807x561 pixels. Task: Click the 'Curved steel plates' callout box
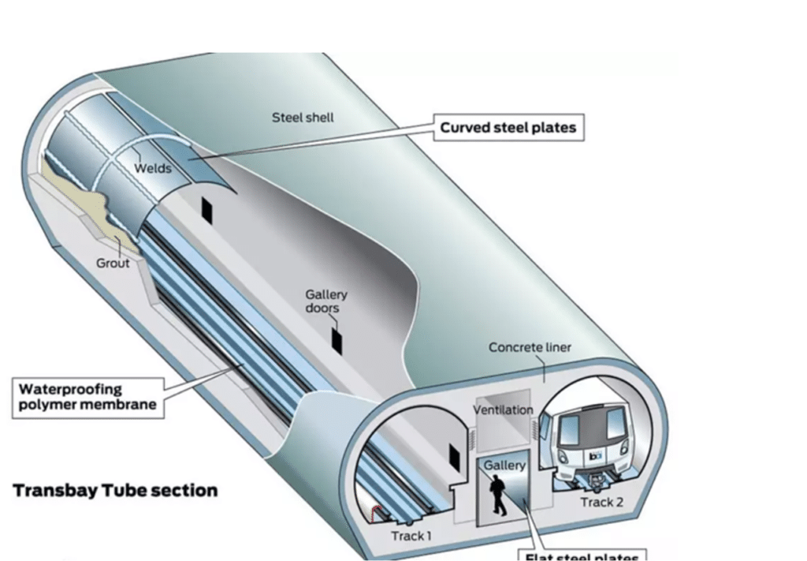tap(508, 128)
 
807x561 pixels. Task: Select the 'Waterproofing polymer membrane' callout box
tap(87, 398)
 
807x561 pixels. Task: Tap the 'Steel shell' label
tap(303, 118)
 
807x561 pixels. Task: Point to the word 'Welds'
tap(152, 168)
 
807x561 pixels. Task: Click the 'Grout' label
tap(113, 262)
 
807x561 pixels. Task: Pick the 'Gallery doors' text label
tap(326, 301)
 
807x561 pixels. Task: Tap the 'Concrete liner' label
tap(530, 347)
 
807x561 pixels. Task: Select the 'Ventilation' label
tap(503, 410)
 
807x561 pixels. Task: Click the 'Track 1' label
tap(411, 537)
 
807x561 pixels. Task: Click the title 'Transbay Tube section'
tap(115, 491)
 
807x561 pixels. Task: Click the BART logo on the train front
tap(596, 456)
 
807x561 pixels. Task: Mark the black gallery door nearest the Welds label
tap(207, 209)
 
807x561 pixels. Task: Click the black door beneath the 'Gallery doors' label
tap(337, 340)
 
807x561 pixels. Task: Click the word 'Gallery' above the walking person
tap(504, 466)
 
